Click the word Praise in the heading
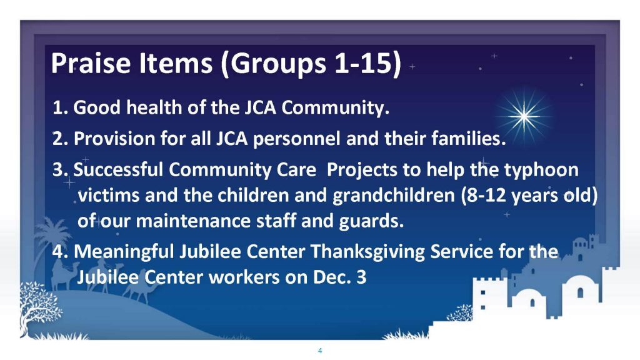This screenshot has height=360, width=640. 91,63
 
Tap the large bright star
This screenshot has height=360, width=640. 524,116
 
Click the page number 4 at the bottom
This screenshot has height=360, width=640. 320,351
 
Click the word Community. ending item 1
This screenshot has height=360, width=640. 335,108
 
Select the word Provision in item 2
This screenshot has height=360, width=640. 114,139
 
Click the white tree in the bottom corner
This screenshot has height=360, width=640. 40,306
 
